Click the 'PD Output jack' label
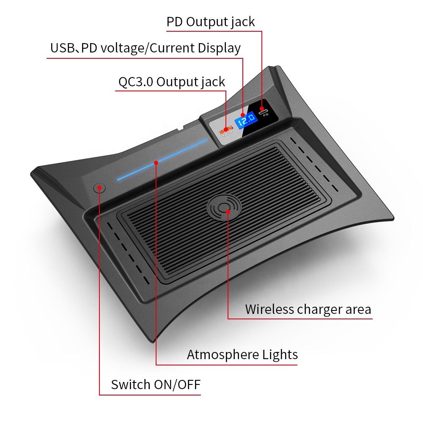(210, 22)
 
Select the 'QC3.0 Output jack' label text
(172, 82)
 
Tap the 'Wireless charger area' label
(308, 310)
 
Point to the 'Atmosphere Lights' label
(242, 355)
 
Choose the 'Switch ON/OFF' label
(156, 385)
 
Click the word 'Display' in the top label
(219, 48)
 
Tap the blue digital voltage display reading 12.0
(246, 120)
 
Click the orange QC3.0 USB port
(225, 130)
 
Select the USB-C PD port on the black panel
(263, 111)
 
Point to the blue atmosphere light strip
(162, 160)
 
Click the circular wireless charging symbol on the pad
(224, 207)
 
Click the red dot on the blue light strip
(156, 163)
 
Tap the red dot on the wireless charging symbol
(228, 212)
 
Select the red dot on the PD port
(261, 109)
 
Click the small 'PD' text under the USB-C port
(266, 115)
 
